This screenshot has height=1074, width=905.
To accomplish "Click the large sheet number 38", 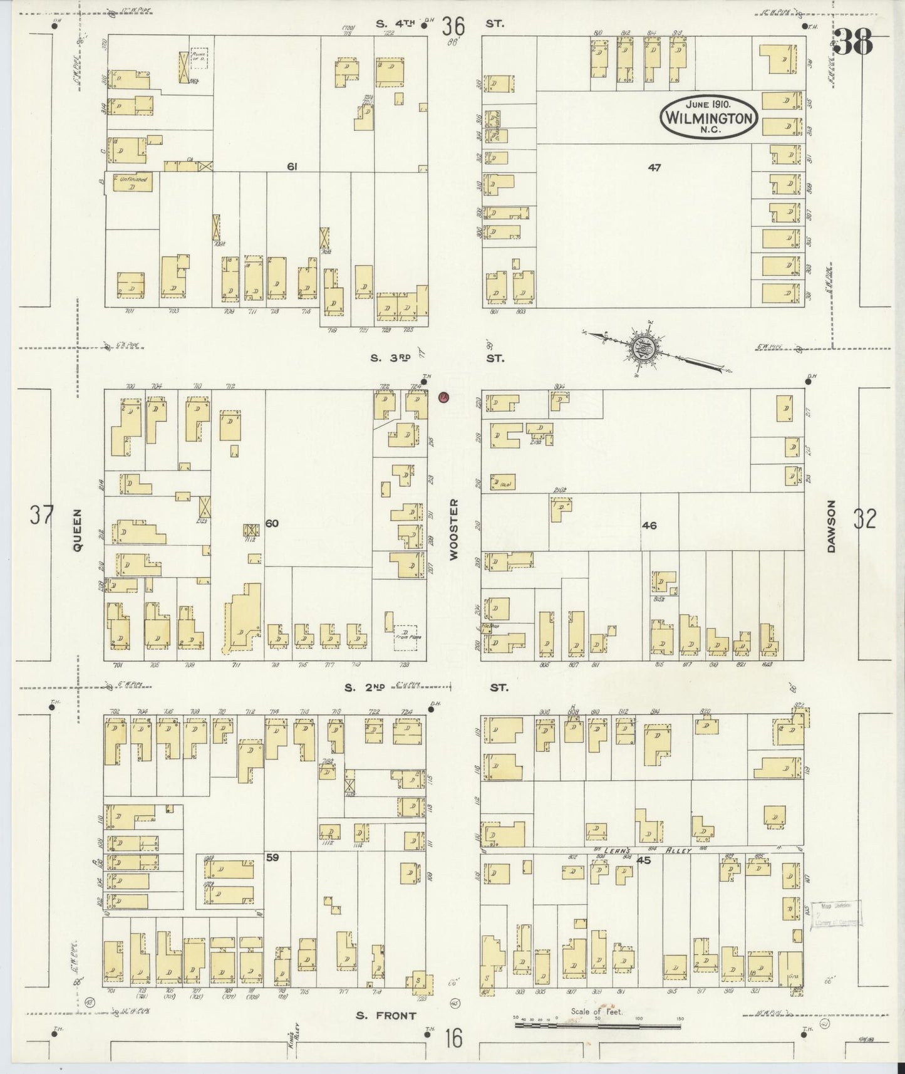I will tap(854, 43).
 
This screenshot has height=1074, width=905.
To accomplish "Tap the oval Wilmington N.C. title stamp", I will tap(708, 116).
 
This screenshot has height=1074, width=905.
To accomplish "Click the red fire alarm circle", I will tap(443, 397).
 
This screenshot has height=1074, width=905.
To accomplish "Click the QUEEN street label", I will tap(78, 529).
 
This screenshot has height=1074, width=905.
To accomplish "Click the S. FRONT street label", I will tap(386, 1016).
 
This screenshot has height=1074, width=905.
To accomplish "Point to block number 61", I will tap(291, 166).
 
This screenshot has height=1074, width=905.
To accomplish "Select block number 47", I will tap(654, 167).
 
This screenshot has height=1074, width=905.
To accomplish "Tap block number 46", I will tap(649, 525).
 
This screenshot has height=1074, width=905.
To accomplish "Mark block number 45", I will tap(643, 860).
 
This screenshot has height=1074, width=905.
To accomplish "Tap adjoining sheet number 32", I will tap(864, 519).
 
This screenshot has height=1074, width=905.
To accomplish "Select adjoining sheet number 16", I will tap(454, 1038).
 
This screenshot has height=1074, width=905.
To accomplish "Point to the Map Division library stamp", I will tap(836, 914).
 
